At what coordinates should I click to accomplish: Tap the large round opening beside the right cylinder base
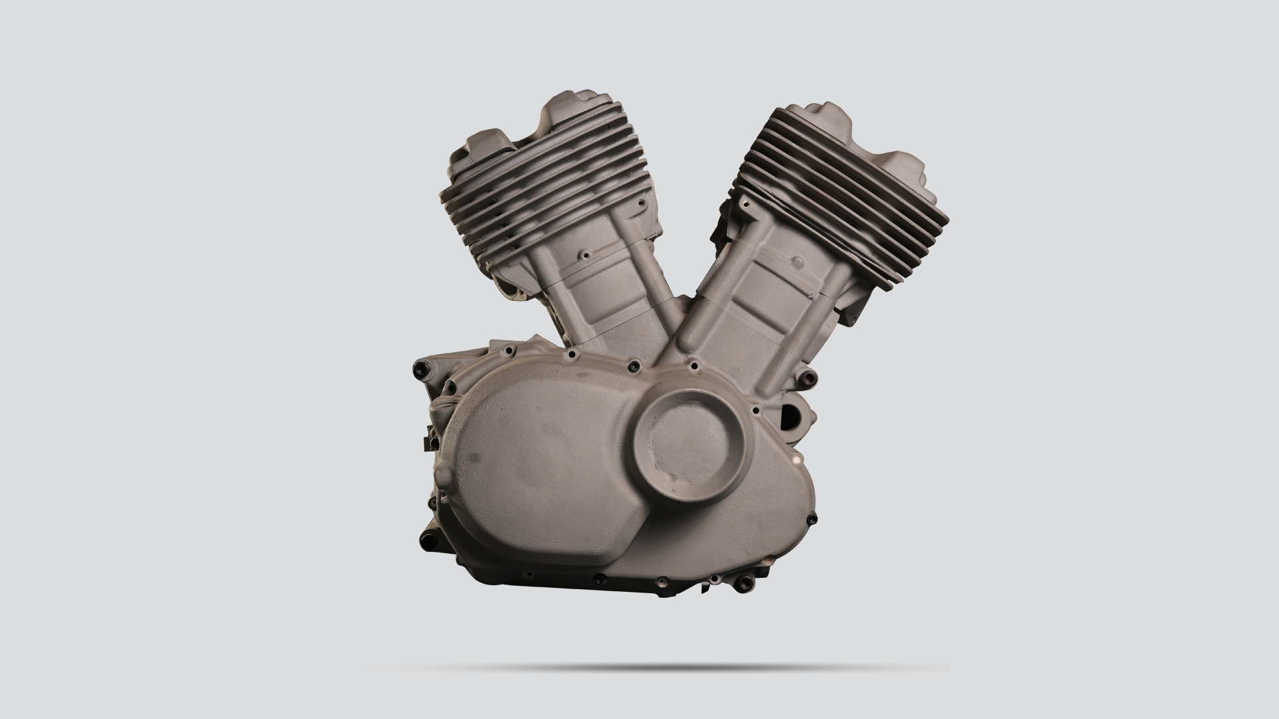(795, 419)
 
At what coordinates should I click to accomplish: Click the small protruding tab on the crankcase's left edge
(424, 441)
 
